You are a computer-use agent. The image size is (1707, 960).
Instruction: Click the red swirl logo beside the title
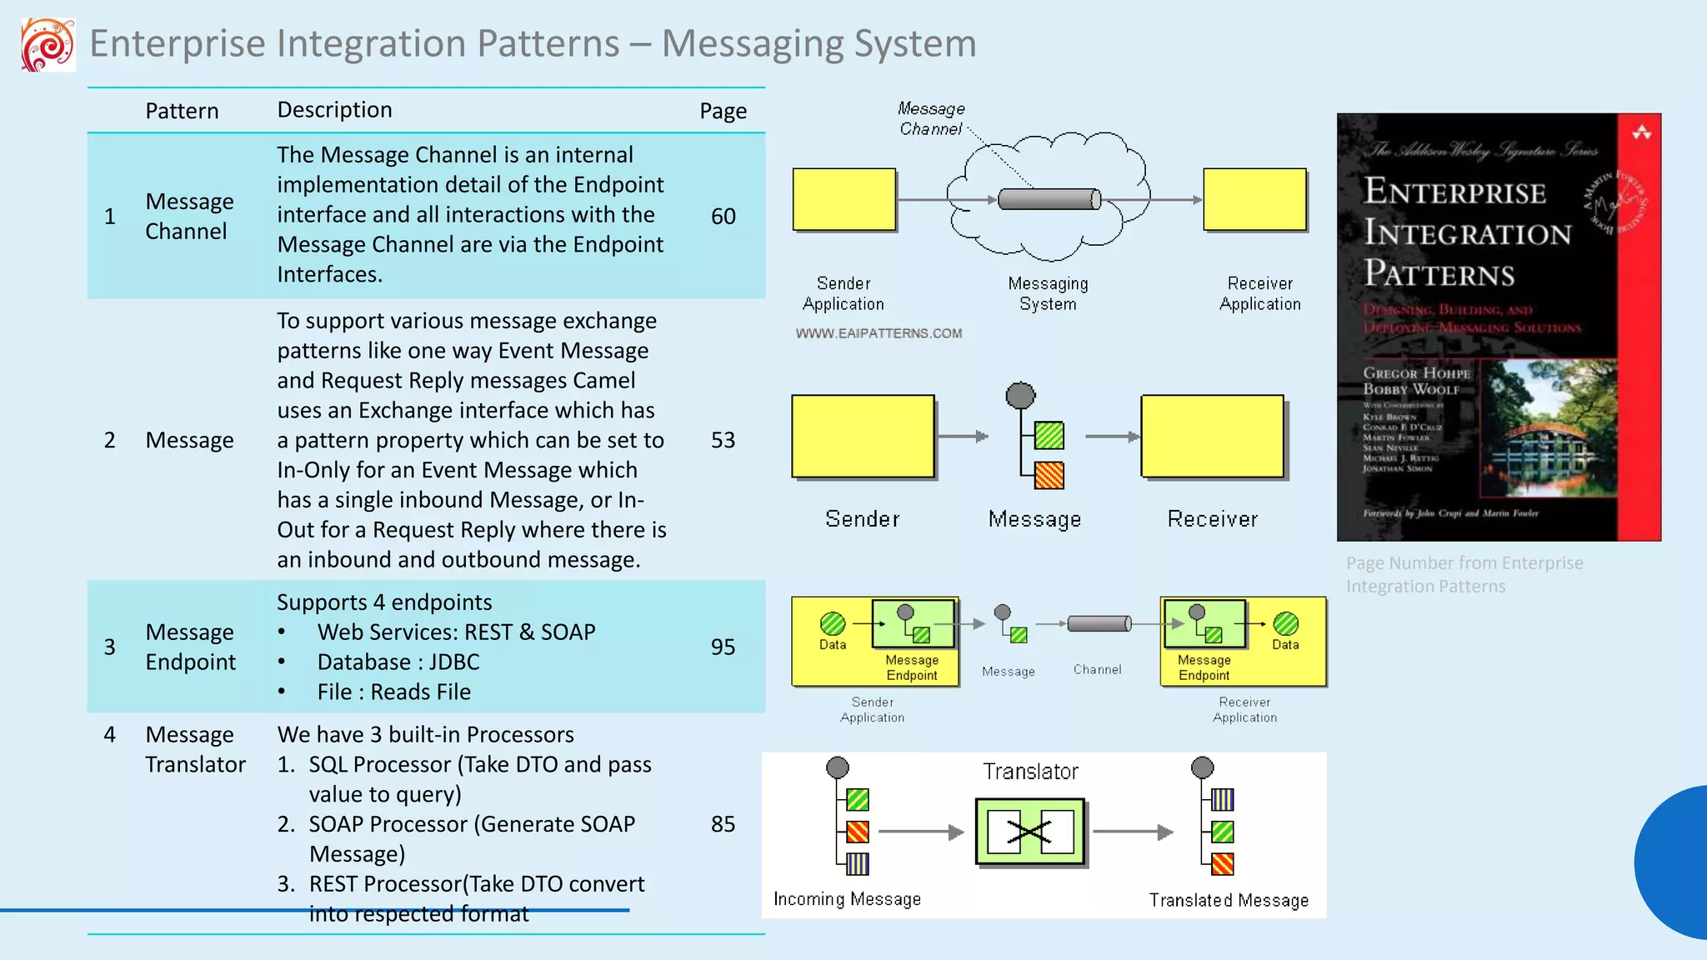click(48, 44)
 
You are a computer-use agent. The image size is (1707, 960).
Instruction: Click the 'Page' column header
click(723, 111)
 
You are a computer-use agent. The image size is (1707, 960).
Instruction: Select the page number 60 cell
click(723, 216)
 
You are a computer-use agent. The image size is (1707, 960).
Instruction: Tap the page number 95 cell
click(723, 647)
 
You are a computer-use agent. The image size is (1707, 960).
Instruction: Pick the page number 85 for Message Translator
click(723, 824)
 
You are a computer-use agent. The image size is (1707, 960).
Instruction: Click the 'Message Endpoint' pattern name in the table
click(190, 647)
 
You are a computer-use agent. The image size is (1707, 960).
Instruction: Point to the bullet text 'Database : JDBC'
click(398, 662)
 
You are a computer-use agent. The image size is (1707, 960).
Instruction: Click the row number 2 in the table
click(109, 440)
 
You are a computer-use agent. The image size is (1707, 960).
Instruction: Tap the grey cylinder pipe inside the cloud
click(1049, 199)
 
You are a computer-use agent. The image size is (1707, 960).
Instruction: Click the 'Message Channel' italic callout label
click(931, 119)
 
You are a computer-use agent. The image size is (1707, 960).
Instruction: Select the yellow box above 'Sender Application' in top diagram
click(843, 199)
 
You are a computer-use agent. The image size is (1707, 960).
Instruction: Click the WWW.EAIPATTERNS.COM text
click(879, 333)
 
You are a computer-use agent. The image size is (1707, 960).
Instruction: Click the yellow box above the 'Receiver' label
click(1212, 436)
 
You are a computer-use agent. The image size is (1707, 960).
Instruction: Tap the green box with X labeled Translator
click(1030, 831)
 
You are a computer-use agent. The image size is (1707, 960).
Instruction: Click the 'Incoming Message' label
click(847, 899)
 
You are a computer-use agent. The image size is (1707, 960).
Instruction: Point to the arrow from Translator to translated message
click(1132, 832)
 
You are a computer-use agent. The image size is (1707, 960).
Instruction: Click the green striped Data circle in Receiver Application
click(1285, 623)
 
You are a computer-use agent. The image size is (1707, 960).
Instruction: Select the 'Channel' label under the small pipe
click(1097, 669)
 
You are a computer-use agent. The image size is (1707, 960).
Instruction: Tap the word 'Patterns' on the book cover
click(1439, 273)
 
